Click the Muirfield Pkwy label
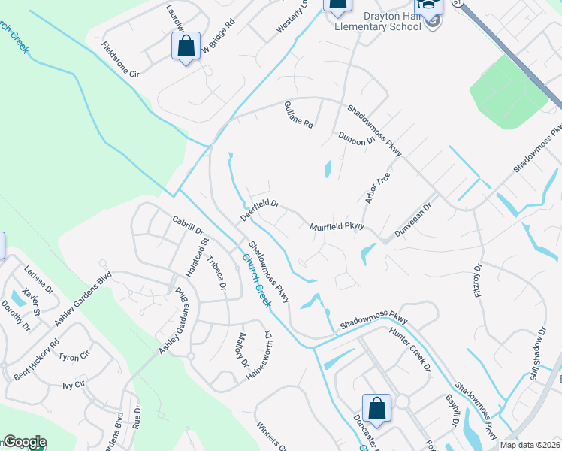337,225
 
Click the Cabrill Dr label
189,226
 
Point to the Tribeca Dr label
216,273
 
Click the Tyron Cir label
74,355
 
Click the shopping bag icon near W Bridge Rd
186,47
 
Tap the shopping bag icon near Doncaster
376,410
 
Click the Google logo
24,443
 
